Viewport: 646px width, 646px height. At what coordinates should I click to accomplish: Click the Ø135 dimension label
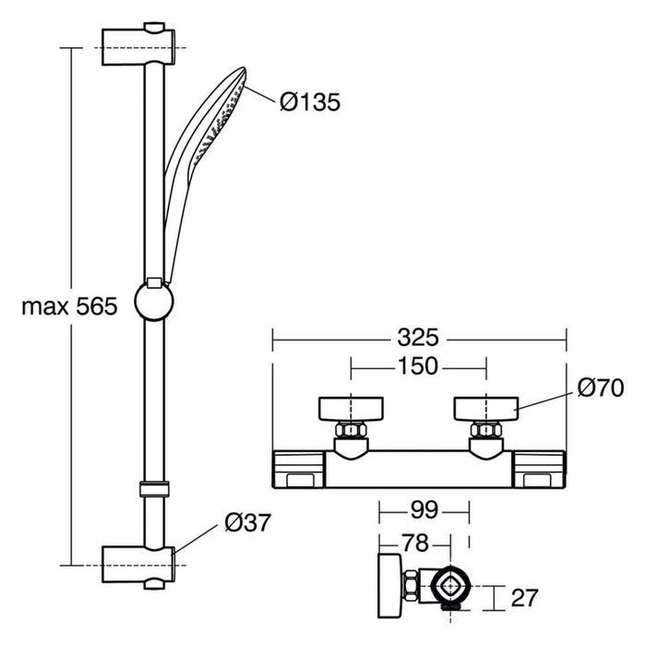(309, 102)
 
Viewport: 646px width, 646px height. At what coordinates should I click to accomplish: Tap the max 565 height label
(69, 306)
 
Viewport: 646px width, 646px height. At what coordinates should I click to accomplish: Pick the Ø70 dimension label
(600, 389)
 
